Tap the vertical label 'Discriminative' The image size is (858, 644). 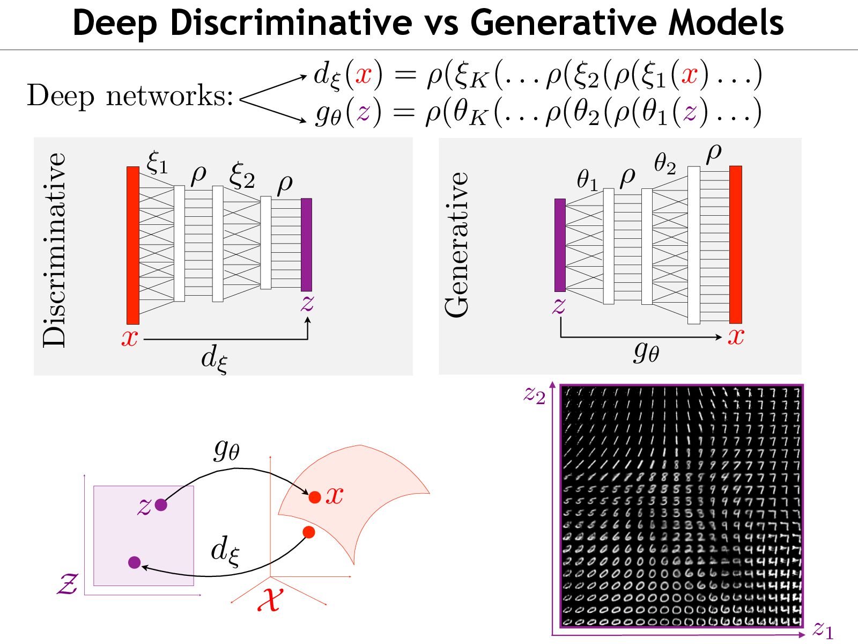click(54, 250)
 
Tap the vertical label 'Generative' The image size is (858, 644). click(457, 245)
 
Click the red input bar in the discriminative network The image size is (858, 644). click(132, 245)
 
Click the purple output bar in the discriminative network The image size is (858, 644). click(306, 245)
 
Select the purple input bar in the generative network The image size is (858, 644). click(560, 245)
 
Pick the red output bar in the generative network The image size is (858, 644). click(736, 245)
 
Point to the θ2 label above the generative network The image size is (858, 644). click(665, 163)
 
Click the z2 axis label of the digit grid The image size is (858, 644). click(535, 395)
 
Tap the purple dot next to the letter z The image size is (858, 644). click(161, 504)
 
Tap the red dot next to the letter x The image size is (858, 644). click(315, 497)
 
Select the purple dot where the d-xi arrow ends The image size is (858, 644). click(135, 562)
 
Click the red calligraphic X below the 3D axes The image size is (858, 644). click(269, 598)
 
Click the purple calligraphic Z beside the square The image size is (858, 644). click(68, 584)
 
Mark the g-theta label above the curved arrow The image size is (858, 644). click(226, 449)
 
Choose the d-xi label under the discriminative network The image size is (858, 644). click(214, 358)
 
